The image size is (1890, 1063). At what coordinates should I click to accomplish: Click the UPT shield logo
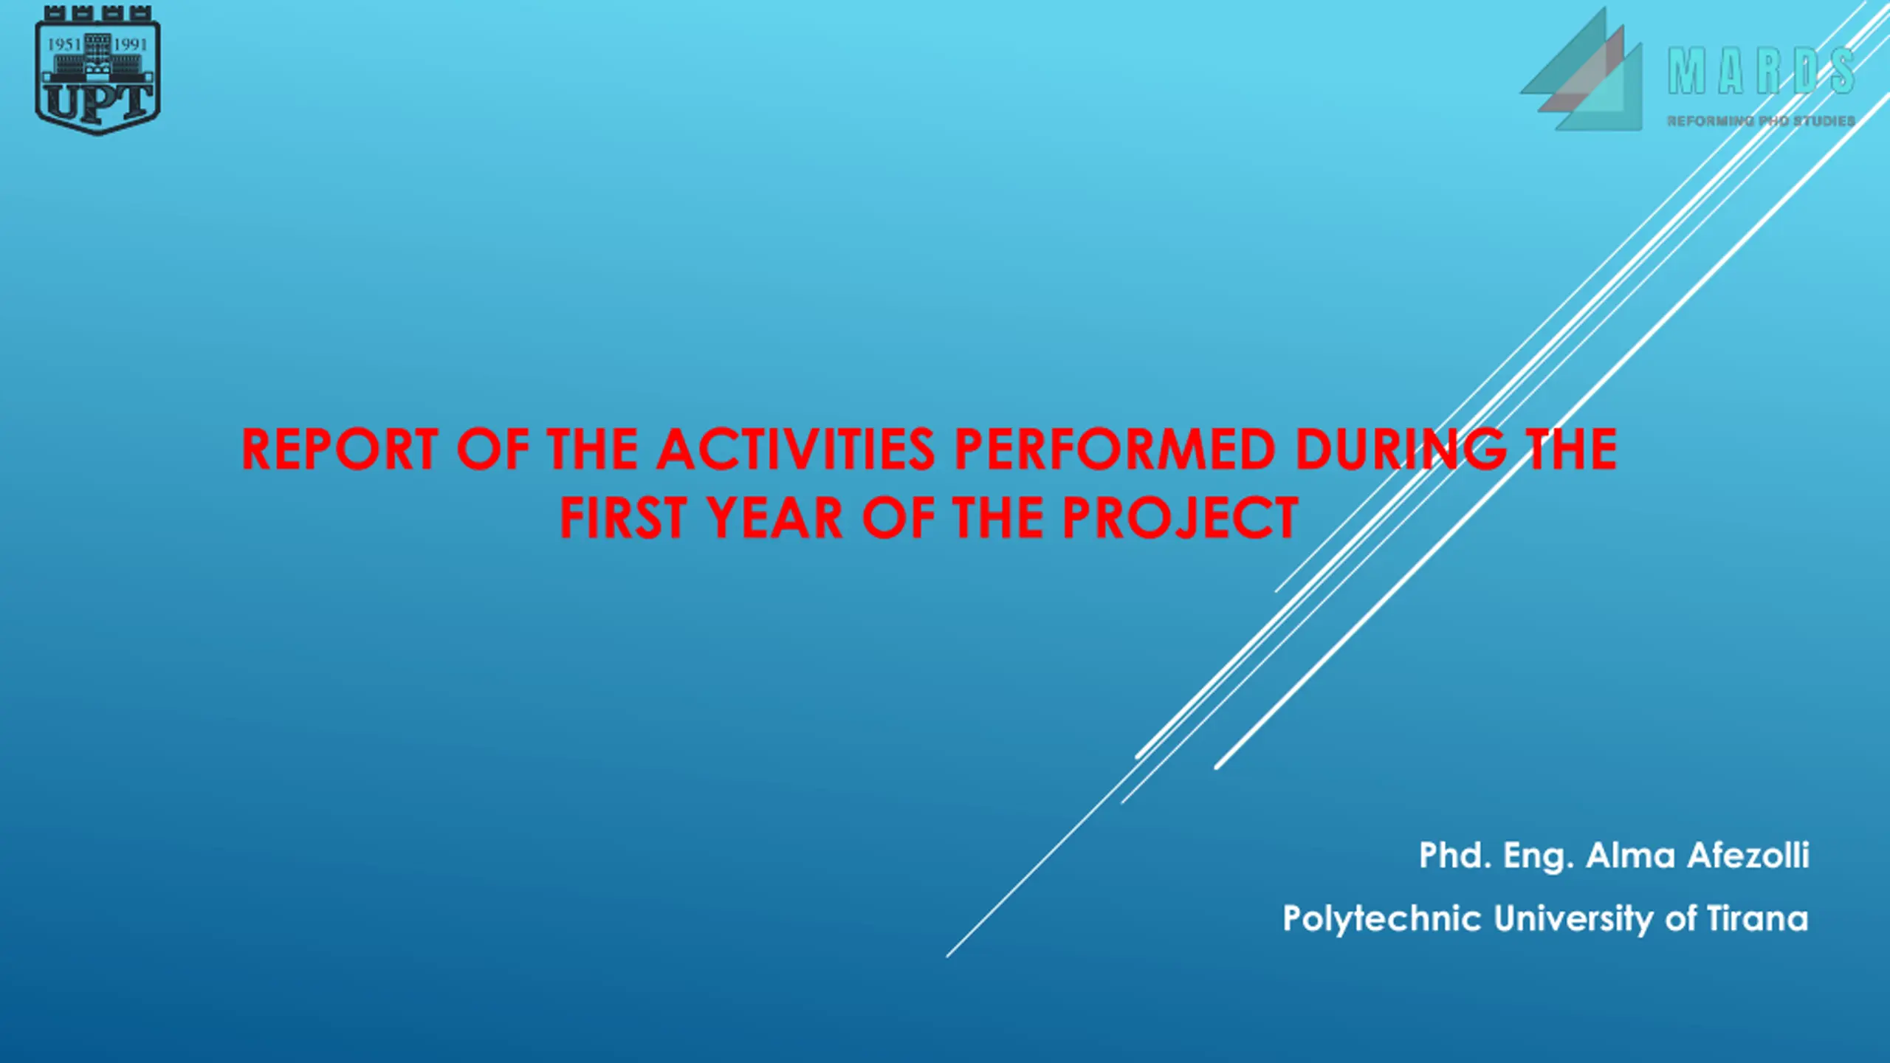97,70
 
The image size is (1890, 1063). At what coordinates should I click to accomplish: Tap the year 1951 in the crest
63,44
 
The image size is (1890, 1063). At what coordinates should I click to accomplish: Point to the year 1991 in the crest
131,44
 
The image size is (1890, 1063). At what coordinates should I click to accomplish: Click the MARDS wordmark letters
1762,72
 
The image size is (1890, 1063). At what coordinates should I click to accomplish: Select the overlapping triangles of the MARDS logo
1581,70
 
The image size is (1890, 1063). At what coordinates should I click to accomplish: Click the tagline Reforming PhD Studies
1761,120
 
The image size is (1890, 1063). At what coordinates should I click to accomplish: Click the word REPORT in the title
340,449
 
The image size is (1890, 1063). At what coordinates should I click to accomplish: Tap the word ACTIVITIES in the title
797,449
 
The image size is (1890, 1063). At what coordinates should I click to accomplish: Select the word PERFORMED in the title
1116,449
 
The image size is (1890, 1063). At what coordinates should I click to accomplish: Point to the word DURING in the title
1401,449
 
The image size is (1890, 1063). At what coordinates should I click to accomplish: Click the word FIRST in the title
624,517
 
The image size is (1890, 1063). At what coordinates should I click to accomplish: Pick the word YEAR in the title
774,517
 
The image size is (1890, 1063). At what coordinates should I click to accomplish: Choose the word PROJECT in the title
1181,517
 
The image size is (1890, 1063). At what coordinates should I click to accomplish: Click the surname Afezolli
1748,856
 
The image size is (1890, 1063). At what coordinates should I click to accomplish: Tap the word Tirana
1758,919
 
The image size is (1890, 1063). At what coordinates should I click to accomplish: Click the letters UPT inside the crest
97,102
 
